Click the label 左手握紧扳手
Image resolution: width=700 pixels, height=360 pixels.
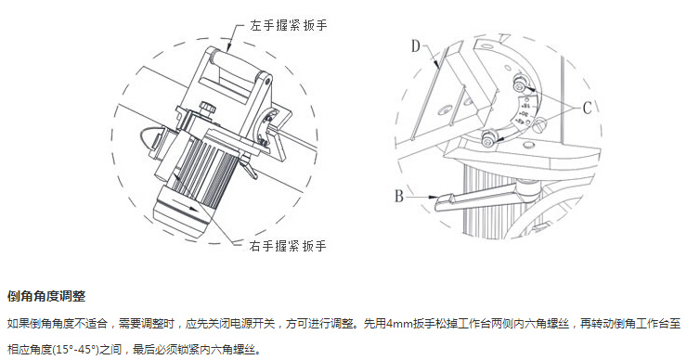point(289,25)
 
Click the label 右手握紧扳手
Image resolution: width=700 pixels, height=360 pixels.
point(288,245)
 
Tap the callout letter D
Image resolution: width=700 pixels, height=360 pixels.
point(416,45)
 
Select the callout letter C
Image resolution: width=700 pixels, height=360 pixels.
point(587,108)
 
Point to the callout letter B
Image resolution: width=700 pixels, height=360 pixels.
point(398,196)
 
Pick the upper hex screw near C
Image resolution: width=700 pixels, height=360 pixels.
point(520,83)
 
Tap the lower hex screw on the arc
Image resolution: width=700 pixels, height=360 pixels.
point(488,138)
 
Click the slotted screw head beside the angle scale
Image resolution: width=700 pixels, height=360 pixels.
point(540,122)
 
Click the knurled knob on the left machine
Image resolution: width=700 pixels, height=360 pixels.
point(207,108)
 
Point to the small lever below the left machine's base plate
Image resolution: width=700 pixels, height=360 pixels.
point(248,167)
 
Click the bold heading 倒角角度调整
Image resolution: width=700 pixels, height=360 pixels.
point(46,296)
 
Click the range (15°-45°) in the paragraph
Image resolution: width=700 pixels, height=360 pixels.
point(75,349)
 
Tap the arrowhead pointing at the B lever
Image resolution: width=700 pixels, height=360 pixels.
point(433,197)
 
